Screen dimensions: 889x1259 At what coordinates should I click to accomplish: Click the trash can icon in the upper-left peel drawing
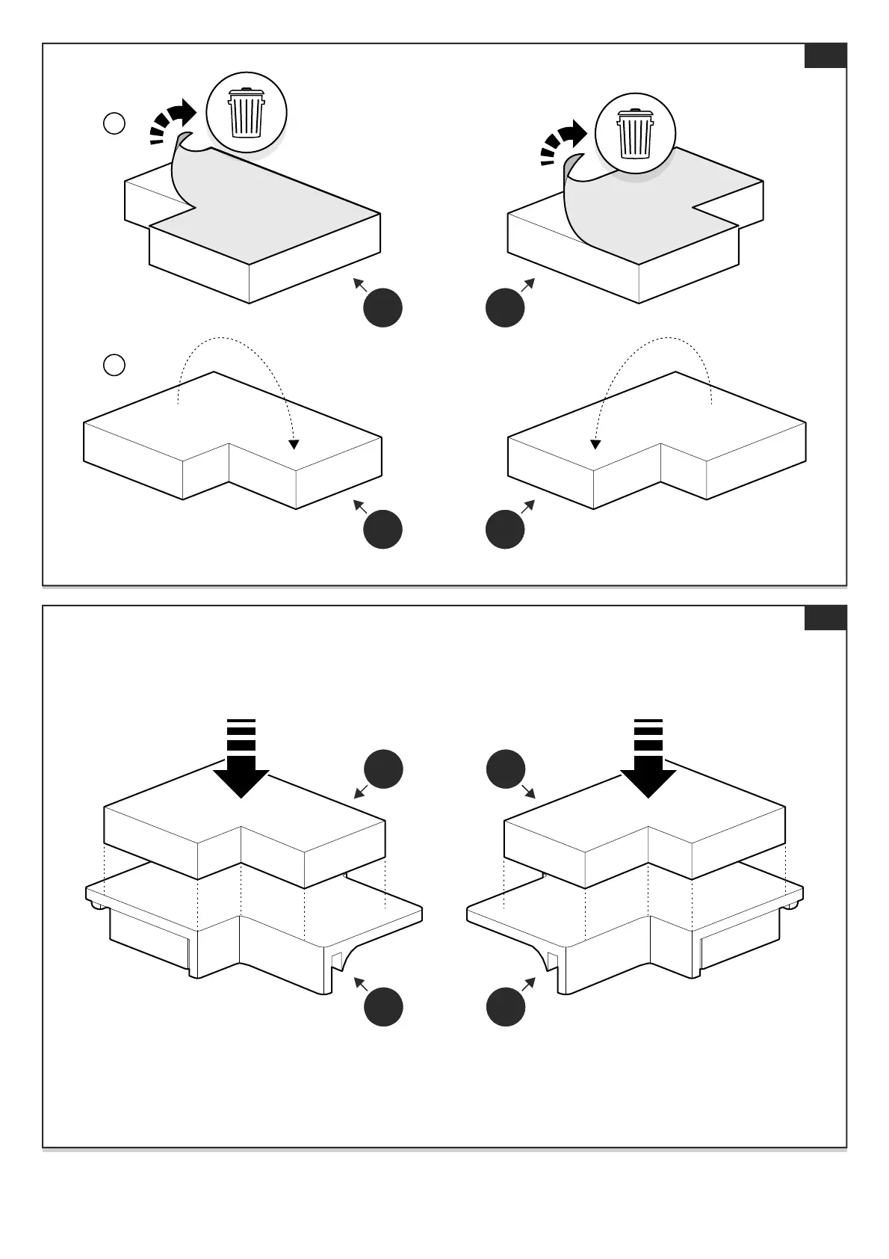point(246,113)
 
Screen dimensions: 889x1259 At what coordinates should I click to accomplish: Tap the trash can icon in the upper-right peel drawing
point(635,134)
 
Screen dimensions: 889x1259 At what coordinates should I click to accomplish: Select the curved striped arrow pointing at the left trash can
point(172,120)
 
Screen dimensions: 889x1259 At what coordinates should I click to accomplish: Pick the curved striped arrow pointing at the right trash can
point(563,141)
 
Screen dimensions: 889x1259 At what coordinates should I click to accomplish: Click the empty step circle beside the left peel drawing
point(114,123)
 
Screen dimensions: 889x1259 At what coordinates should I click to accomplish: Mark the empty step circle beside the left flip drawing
point(114,365)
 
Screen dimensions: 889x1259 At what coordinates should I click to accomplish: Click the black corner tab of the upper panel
point(825,56)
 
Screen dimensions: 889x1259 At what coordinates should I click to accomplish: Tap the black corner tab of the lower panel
point(825,618)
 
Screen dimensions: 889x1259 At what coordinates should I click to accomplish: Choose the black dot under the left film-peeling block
point(383,307)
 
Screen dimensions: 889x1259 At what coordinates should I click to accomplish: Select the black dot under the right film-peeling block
point(505,307)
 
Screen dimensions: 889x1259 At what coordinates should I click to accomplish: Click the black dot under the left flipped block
point(383,529)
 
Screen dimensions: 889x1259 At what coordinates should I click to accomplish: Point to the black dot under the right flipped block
point(505,529)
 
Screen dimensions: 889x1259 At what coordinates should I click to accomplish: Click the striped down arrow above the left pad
point(241,757)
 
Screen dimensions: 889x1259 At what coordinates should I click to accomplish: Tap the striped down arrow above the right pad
point(648,757)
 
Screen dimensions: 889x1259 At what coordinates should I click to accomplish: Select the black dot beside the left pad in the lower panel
point(383,769)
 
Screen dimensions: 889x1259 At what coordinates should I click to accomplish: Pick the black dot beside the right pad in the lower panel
point(505,769)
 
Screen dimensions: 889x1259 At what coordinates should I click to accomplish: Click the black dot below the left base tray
point(383,1006)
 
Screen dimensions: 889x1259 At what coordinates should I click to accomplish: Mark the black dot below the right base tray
point(505,1006)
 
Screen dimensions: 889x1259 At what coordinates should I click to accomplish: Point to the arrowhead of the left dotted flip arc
point(294,444)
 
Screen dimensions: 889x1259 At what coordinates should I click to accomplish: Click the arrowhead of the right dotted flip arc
point(595,444)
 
